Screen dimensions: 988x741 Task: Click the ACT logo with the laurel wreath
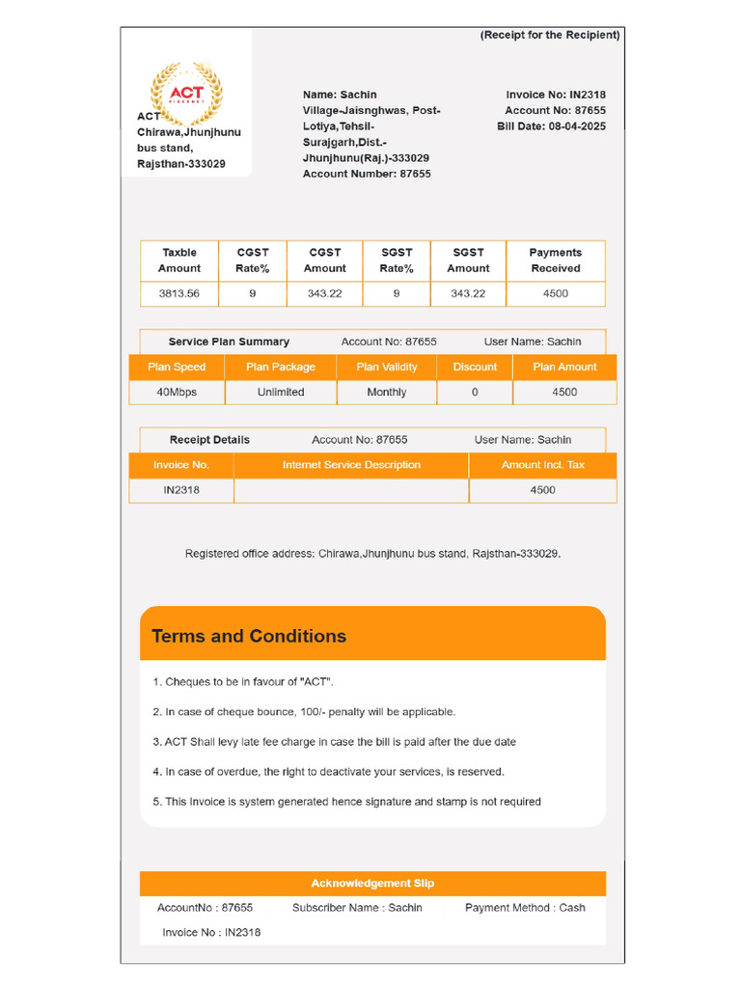click(186, 94)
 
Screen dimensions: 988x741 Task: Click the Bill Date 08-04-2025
click(551, 126)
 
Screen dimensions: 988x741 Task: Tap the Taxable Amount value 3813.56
click(179, 293)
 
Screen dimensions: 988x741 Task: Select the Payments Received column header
click(556, 261)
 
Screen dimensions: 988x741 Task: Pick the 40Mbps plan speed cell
click(177, 392)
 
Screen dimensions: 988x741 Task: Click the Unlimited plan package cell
click(281, 392)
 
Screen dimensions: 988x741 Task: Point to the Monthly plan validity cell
click(387, 392)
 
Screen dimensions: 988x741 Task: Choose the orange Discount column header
click(475, 367)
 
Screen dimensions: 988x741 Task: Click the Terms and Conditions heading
click(249, 636)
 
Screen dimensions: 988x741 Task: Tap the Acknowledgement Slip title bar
click(372, 883)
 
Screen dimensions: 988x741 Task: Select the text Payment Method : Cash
click(525, 907)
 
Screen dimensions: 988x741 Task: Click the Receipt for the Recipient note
click(550, 35)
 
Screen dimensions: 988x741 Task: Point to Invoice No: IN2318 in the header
click(556, 95)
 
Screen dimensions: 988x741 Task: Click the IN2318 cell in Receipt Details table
click(181, 490)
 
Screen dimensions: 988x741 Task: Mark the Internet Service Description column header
click(351, 465)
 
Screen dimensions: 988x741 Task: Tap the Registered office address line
click(372, 554)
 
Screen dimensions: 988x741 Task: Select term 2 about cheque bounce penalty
click(304, 712)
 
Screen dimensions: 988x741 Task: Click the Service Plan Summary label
click(229, 342)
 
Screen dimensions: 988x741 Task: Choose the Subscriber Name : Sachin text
click(357, 907)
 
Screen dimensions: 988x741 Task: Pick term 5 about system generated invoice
click(346, 802)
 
